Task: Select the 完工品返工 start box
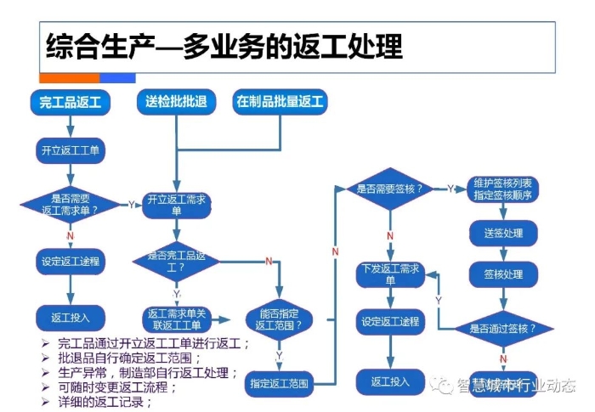point(70,103)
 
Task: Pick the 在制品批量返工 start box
point(280,103)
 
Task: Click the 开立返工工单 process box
point(70,151)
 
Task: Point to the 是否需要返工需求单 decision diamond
point(70,205)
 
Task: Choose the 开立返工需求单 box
point(176,205)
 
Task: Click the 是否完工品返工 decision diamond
point(176,260)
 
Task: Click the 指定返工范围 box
point(279,383)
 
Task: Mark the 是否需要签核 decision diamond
point(389,189)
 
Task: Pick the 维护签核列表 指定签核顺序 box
point(503,189)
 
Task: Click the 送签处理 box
point(503,233)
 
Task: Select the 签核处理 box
point(503,274)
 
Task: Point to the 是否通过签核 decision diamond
point(503,327)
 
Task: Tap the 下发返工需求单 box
point(390,274)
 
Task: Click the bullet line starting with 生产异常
point(144,372)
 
